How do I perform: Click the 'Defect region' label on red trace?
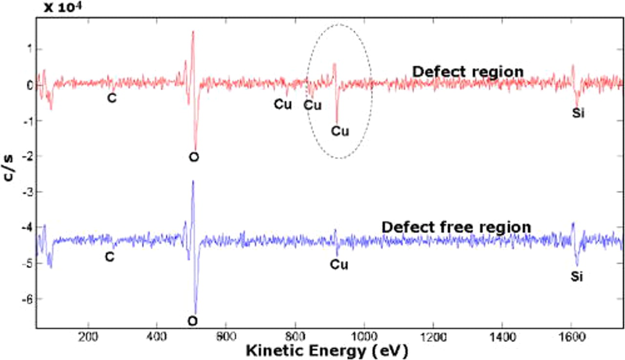click(468, 72)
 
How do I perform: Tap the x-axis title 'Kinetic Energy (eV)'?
click(326, 350)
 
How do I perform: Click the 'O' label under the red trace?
click(194, 157)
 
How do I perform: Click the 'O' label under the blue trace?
click(193, 321)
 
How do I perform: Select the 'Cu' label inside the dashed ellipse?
click(340, 131)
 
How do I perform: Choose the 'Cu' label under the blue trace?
click(339, 265)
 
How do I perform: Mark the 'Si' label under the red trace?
click(578, 113)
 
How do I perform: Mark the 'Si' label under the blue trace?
click(577, 277)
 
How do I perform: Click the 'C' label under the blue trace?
click(110, 256)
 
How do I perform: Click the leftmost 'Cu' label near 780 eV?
click(282, 104)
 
